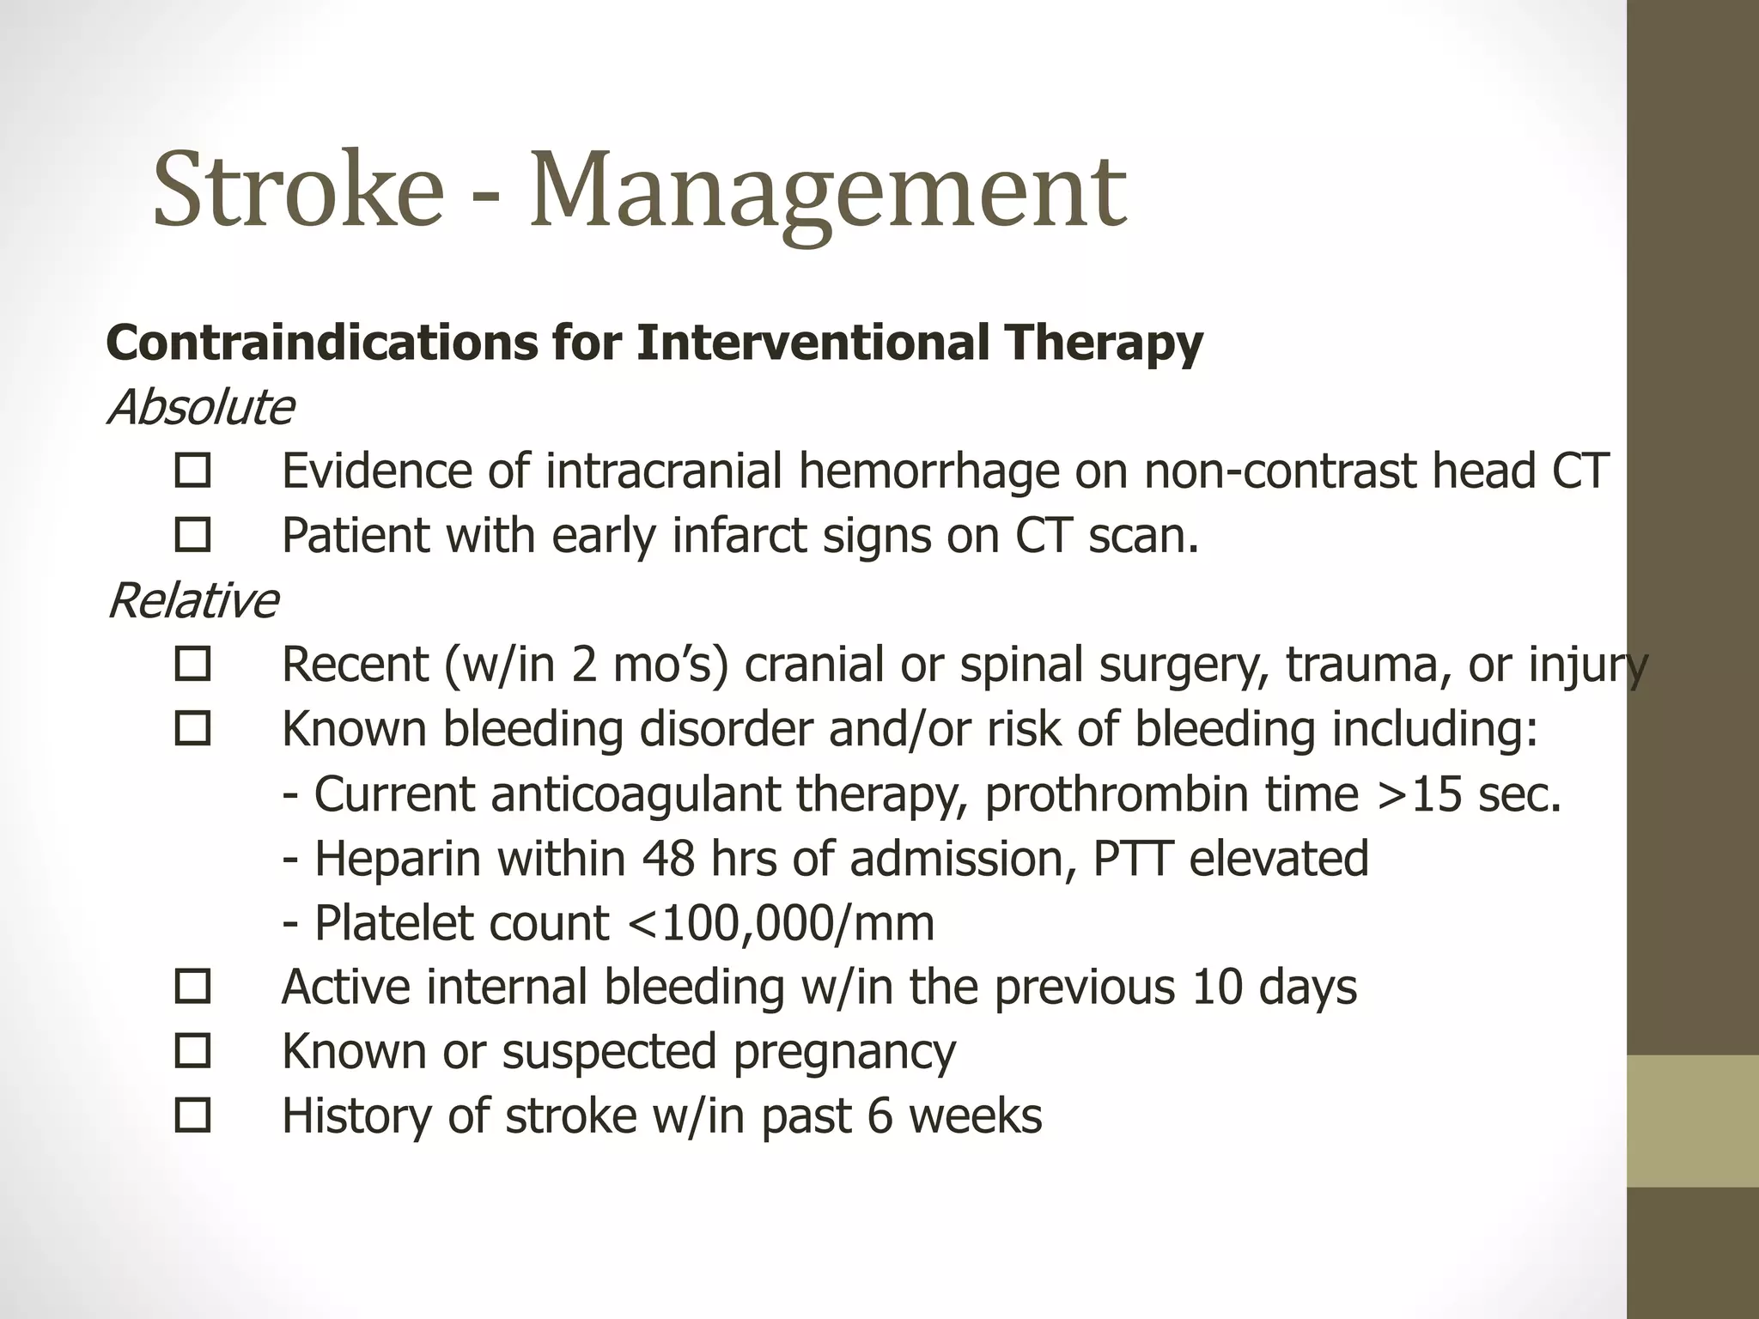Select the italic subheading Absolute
200,407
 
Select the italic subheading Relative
192,600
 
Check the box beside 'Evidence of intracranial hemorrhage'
192,471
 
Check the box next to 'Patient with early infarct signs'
192,536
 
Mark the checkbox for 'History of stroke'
192,1115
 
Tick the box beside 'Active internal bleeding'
192,987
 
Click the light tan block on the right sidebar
1692,1121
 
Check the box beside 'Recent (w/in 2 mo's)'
192,665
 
